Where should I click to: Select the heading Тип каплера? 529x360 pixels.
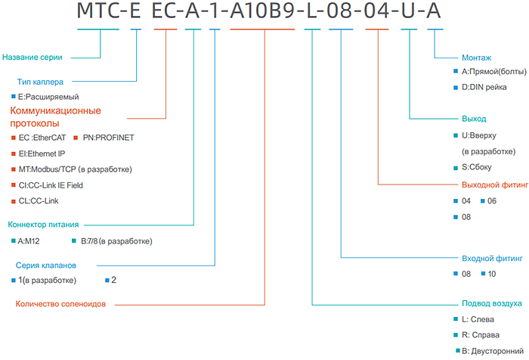pos(39,81)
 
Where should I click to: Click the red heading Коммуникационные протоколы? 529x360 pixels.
pos(55,116)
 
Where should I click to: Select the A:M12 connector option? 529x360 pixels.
pos(30,241)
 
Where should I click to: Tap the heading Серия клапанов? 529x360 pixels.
pos(45,265)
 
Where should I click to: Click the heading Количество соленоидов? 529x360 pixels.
pos(60,304)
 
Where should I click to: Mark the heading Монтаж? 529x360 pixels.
pos(476,57)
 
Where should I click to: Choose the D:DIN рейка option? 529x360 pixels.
pos(489,88)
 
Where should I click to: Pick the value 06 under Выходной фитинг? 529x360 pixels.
pos(492,200)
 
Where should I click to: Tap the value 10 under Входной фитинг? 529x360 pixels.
pos(492,273)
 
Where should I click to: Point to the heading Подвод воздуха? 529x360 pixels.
pos(491,303)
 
